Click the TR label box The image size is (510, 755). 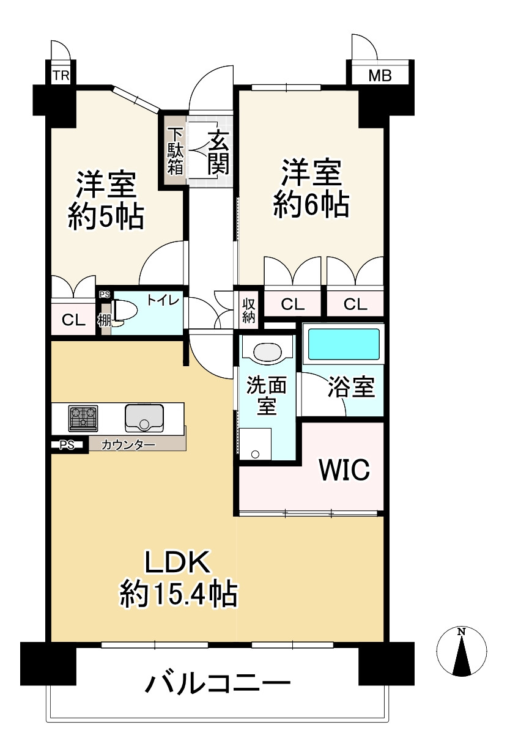(60, 76)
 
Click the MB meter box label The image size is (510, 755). (380, 76)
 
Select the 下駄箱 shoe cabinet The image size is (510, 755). (175, 152)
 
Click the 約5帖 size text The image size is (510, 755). (106, 216)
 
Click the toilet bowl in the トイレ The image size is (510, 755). (125, 311)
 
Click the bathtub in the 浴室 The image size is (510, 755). (344, 344)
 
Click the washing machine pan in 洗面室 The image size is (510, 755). (255, 443)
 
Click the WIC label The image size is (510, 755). (344, 470)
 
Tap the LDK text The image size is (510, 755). (177, 561)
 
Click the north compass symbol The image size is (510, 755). (462, 652)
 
